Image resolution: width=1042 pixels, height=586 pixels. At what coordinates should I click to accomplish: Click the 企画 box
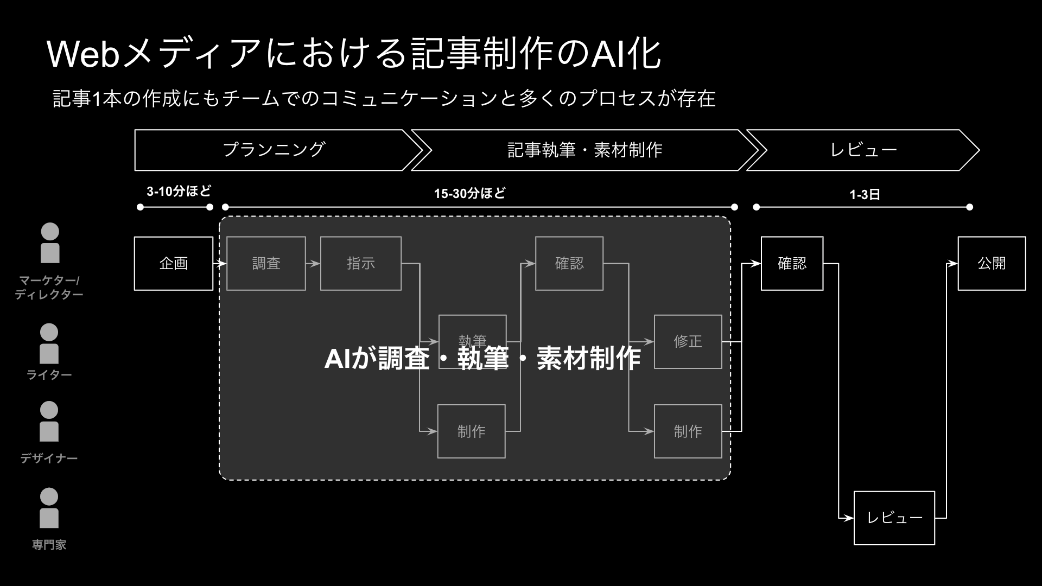(x=174, y=263)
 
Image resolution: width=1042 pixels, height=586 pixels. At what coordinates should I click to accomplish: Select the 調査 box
(x=266, y=263)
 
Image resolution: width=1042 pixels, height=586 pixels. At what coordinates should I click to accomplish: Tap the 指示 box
(x=361, y=263)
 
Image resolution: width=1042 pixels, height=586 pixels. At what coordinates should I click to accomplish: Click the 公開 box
(x=992, y=263)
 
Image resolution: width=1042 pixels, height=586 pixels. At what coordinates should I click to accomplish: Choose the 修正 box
(x=688, y=341)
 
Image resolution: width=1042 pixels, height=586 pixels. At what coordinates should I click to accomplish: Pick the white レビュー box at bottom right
(x=894, y=518)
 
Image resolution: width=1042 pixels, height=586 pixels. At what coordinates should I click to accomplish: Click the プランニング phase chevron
(x=274, y=150)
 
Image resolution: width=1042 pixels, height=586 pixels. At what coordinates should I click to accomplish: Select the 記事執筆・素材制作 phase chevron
(x=584, y=150)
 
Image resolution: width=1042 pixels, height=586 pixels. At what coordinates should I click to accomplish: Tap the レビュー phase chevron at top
(x=863, y=150)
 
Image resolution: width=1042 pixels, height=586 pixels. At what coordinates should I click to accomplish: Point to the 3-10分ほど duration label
(x=179, y=191)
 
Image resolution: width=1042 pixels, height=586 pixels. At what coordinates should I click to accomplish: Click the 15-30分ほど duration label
(x=469, y=193)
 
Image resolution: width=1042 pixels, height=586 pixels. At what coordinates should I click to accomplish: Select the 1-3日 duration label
(x=865, y=195)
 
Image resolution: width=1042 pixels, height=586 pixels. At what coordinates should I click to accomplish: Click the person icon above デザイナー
(x=49, y=422)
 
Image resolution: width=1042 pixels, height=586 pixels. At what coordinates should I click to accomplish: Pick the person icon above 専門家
(x=49, y=508)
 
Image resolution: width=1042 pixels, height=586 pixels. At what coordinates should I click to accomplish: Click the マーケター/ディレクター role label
(x=49, y=288)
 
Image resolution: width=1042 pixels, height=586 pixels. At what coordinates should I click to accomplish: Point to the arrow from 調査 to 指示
(x=313, y=264)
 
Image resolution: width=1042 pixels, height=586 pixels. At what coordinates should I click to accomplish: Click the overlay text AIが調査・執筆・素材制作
(x=482, y=359)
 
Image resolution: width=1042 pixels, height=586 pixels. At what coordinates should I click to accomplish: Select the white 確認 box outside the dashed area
(x=792, y=263)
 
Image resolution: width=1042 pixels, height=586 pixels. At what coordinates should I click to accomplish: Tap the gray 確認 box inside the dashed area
(x=569, y=263)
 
